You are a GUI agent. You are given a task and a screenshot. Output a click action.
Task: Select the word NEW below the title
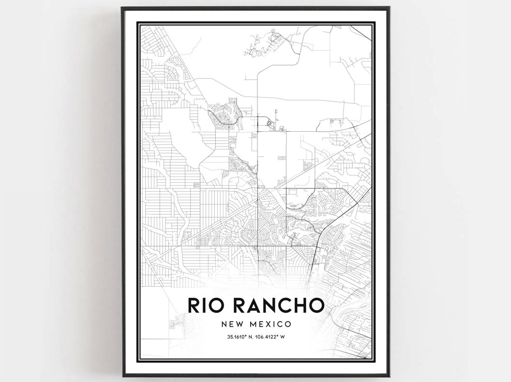[x=231, y=324]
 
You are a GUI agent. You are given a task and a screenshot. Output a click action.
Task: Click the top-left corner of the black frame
[x=122, y=8]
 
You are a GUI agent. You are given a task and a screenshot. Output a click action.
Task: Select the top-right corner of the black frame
[x=389, y=8]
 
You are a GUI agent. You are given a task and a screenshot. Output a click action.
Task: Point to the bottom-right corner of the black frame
[x=389, y=376]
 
